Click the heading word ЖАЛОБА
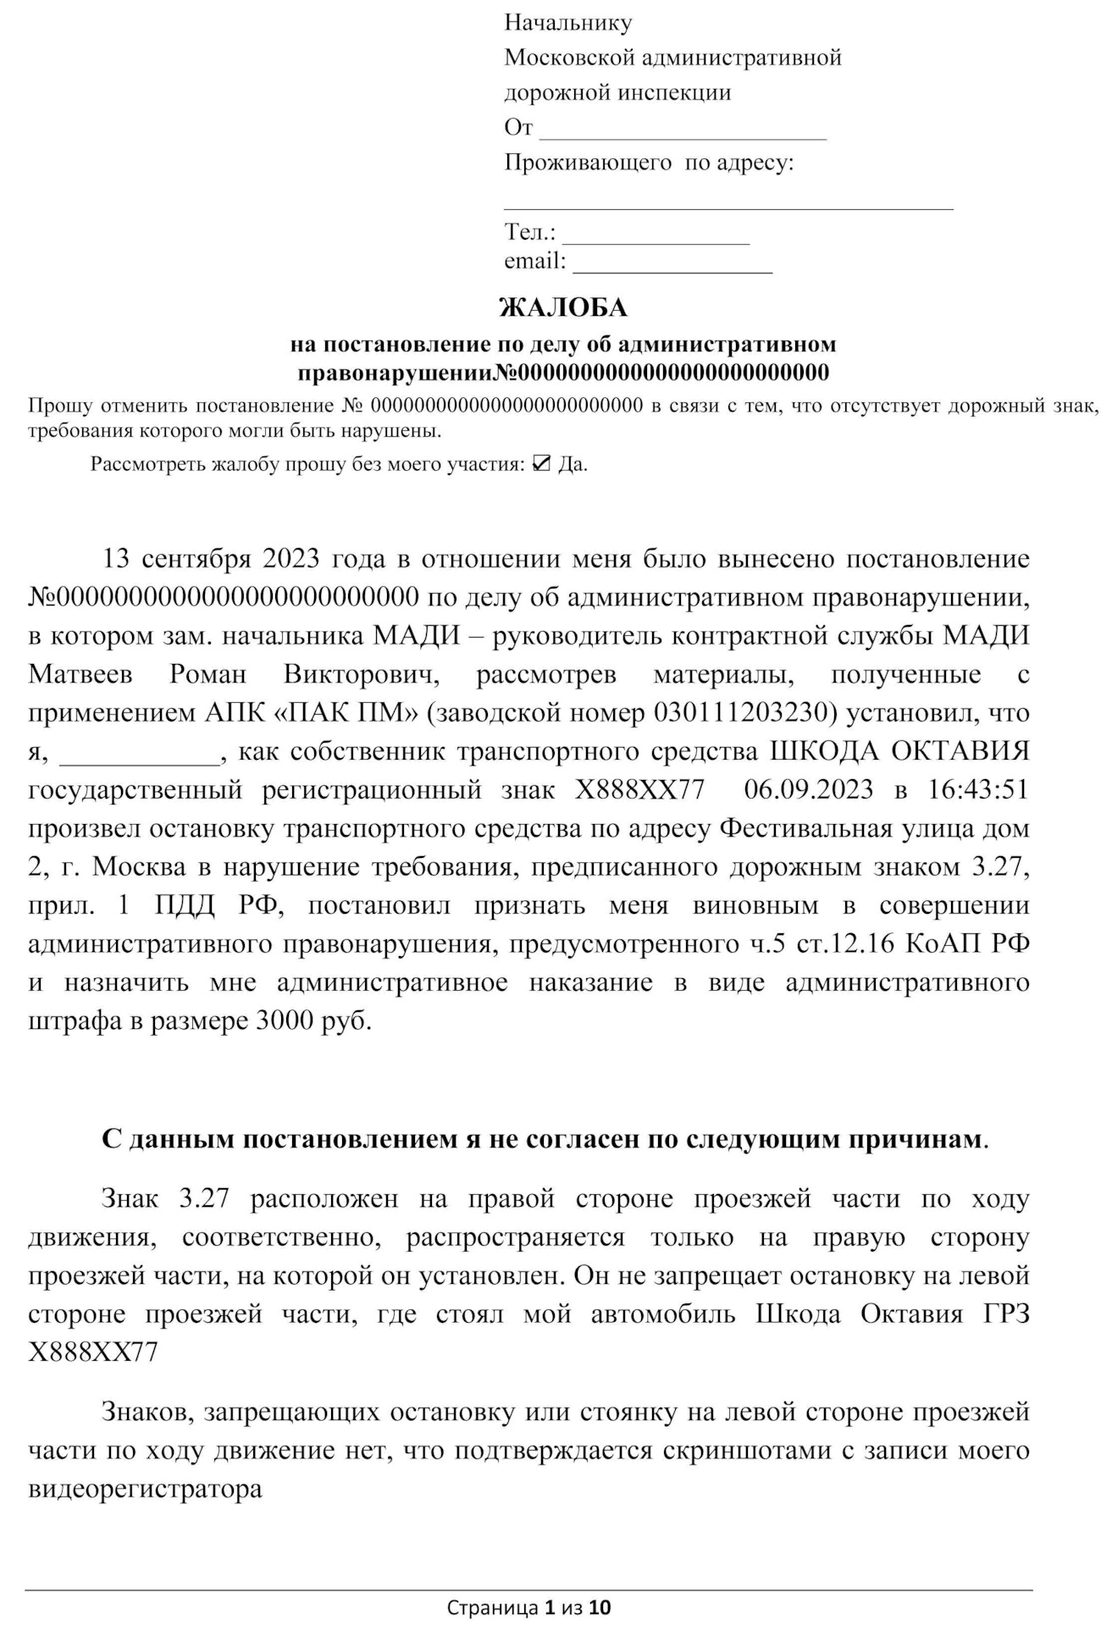pos(563,307)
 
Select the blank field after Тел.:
pos(656,235)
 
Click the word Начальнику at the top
pos(567,23)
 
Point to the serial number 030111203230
pos(744,713)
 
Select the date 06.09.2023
pos(808,790)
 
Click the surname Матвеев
pos(80,675)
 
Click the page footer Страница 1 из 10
pos(528,1607)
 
